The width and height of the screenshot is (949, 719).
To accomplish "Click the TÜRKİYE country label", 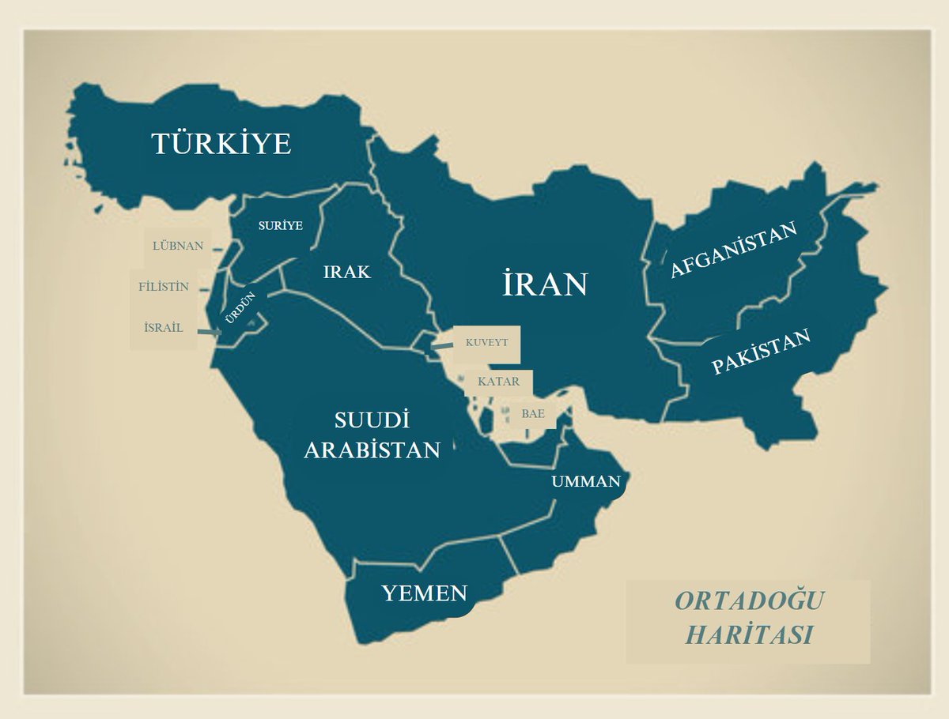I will point(221,144).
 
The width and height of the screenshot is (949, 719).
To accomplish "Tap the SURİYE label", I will point(281,225).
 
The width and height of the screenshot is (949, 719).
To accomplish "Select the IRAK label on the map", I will point(346,272).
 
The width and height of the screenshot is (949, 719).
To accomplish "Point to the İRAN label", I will point(545,284).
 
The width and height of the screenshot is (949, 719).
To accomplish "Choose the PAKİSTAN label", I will point(761,352).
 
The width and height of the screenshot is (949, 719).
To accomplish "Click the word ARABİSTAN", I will point(372,450).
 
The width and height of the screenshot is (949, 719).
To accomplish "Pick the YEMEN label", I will point(425,593).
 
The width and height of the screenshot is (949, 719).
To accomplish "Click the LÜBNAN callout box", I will point(178,246).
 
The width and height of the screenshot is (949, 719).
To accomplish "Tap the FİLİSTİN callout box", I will point(164,287).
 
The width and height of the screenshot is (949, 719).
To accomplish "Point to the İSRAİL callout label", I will point(164,327).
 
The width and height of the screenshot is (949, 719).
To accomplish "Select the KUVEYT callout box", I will point(486,342).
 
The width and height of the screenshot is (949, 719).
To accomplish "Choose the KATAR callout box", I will point(499,382).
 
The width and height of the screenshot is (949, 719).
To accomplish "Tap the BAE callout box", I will point(527,413).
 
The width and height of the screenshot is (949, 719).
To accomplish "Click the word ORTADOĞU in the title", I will point(748,601).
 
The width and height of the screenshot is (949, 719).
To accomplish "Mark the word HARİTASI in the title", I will point(748,635).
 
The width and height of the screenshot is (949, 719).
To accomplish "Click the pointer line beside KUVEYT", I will point(441,345).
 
